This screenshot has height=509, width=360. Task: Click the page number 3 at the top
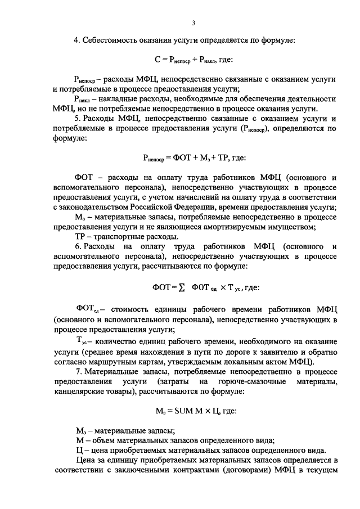pos(193,23)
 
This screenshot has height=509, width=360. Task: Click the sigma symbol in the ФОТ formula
pos(182,287)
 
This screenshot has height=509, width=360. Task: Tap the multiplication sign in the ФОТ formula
pos(222,287)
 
